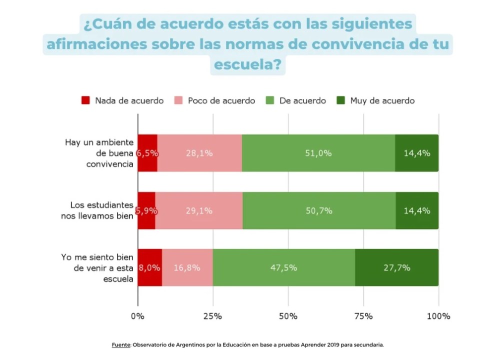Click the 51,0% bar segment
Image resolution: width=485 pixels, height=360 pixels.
point(318,153)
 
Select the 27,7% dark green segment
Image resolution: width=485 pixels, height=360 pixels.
point(396,267)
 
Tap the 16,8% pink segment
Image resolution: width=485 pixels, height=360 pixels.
point(187,267)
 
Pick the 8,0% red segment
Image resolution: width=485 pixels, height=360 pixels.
point(149,267)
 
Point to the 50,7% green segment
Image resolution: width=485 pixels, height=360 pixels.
point(319,210)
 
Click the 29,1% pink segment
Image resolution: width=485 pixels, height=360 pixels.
point(199,210)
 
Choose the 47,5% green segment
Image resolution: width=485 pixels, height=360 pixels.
point(283,267)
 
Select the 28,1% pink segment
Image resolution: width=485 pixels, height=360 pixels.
point(199,153)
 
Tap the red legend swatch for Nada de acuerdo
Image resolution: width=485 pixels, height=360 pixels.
point(85,100)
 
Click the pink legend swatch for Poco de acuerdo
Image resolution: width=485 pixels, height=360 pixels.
point(178,100)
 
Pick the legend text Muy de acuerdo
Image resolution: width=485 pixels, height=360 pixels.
point(382,100)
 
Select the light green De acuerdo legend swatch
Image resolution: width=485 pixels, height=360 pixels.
point(270,100)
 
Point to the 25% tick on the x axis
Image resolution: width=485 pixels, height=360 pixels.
point(212,316)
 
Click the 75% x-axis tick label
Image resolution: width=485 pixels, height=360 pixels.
point(363,316)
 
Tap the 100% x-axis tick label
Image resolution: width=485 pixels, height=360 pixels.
point(438,316)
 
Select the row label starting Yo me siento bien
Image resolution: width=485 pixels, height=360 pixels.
point(97,268)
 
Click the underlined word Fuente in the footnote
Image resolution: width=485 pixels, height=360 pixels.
point(120,344)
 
